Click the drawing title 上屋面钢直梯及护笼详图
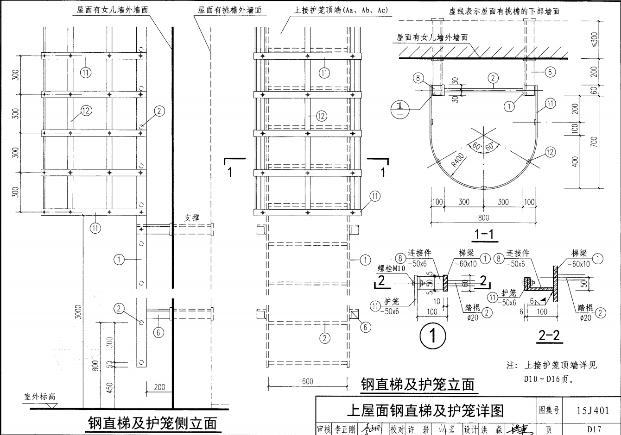coord(425,410)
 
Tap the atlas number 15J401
coord(593,410)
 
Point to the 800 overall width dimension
coord(483,217)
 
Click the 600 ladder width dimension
coord(307,381)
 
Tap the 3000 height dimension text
coord(78,311)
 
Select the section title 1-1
coord(484,235)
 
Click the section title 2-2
coord(550,336)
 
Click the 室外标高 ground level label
coord(40,397)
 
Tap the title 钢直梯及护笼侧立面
coord(152,423)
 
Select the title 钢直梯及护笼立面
coord(418,384)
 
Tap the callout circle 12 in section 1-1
coord(550,152)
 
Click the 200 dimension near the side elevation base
coord(159,387)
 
